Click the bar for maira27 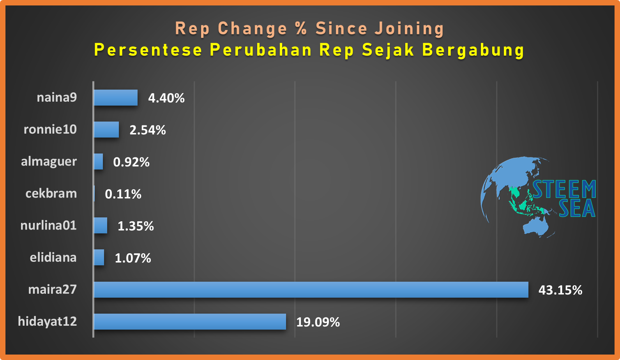[311, 290]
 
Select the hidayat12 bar [190, 321]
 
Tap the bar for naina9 [116, 98]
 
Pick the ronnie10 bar [106, 129]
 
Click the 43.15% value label [560, 290]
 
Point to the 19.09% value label [318, 322]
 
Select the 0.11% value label [123, 194]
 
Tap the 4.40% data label [166, 98]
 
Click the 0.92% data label [131, 162]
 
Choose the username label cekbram [51, 193]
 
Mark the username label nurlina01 [48, 225]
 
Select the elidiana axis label [53, 258]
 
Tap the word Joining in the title [409, 29]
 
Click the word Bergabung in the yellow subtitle [473, 50]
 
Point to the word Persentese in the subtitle [148, 50]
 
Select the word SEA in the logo [577, 208]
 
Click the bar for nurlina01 [101, 226]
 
